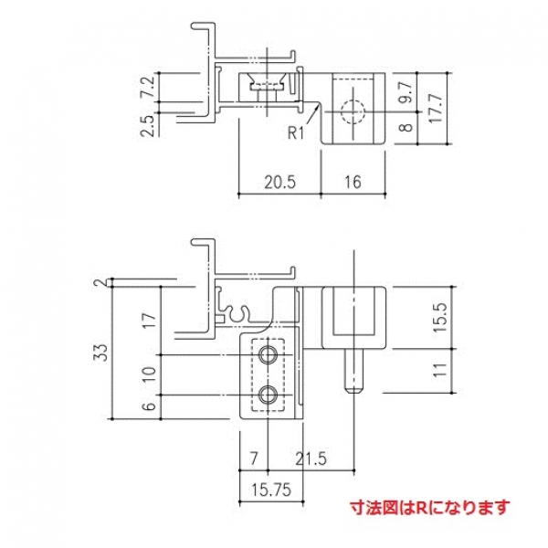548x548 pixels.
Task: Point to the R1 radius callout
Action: [x=294, y=134]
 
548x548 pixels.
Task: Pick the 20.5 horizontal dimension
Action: [x=279, y=182]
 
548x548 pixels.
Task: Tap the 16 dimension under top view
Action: [x=354, y=182]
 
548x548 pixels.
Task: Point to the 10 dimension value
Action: [x=149, y=374]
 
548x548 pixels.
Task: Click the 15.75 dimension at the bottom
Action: [x=270, y=490]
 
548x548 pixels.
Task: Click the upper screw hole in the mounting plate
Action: [x=269, y=353]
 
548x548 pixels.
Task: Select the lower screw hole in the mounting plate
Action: [x=269, y=395]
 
